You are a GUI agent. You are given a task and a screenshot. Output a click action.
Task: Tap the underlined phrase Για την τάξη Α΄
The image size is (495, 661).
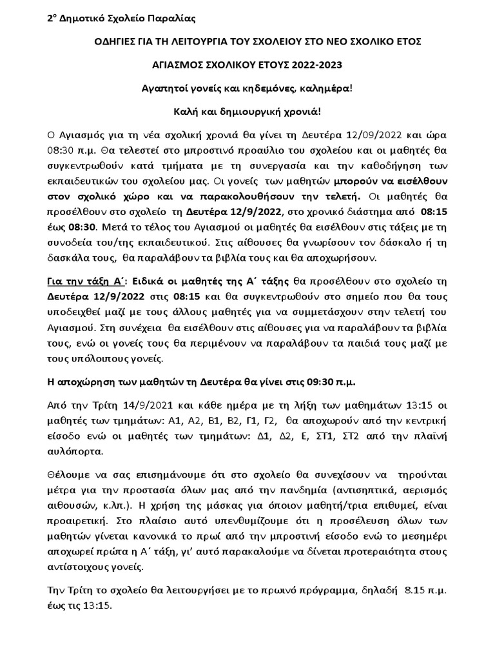click(x=86, y=282)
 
